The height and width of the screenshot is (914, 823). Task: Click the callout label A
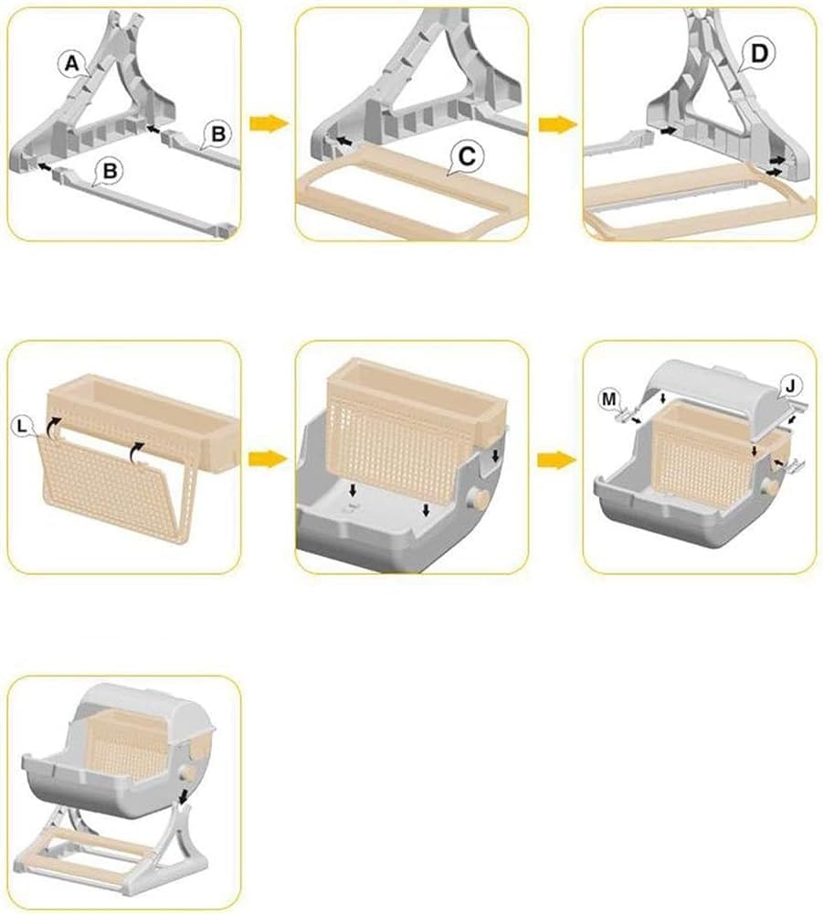pos(71,63)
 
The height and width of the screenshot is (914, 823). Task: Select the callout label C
pos(467,156)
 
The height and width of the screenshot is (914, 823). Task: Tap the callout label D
pos(759,54)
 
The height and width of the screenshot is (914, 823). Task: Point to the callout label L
pos(22,427)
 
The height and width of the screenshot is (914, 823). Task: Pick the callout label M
pos(609,399)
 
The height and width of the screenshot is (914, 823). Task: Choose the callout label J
pos(790,386)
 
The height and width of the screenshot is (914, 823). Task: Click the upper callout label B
pos(217,133)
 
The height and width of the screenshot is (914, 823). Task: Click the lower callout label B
pos(110,172)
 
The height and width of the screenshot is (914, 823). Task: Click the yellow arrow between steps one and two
pos(269,123)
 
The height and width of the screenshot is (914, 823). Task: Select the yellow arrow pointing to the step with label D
pos(557,124)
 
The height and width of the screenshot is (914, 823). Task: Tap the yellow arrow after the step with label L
pos(269,459)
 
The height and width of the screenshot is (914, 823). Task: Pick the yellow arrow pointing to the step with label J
pos(556,460)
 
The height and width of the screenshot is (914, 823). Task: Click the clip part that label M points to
pos(625,415)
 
